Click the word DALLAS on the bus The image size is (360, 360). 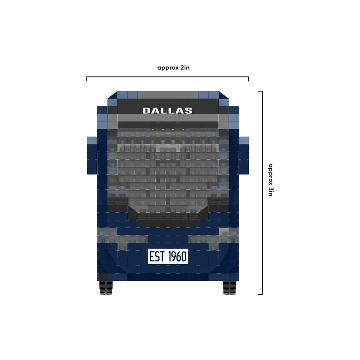point(167,111)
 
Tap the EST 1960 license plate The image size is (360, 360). point(168,256)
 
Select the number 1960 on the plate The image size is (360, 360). point(177,256)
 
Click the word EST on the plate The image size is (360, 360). point(157,256)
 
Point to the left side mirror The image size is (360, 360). point(92,155)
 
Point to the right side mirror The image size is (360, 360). point(244,155)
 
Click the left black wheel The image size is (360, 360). point(106,288)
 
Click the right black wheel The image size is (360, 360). point(229,288)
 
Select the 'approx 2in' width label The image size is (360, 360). point(173,68)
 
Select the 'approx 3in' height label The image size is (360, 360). point(271,180)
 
